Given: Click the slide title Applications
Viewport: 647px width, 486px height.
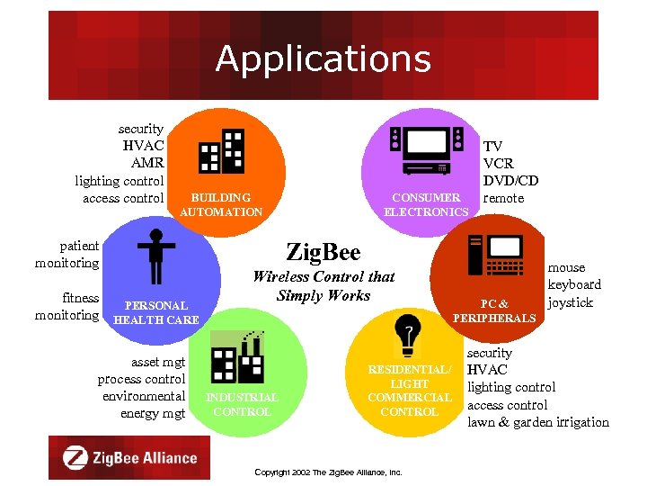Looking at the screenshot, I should point(323,59).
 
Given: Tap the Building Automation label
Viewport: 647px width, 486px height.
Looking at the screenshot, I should point(221,204).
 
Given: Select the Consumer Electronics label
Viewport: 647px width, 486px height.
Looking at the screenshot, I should point(426,204).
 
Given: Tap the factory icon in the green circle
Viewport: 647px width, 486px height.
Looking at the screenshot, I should point(236,355).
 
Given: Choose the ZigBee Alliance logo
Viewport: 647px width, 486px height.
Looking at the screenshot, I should point(129,457).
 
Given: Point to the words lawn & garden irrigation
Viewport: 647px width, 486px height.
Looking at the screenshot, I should point(537,422).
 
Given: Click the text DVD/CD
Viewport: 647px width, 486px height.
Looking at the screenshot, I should point(510,181).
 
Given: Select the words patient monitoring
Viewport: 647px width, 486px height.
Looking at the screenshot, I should point(66,254).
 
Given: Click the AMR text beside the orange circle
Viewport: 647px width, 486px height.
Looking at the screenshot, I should point(146,164).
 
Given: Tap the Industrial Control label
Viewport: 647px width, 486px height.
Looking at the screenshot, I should point(242,404).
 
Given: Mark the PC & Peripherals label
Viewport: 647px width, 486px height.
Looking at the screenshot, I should point(494,310).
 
